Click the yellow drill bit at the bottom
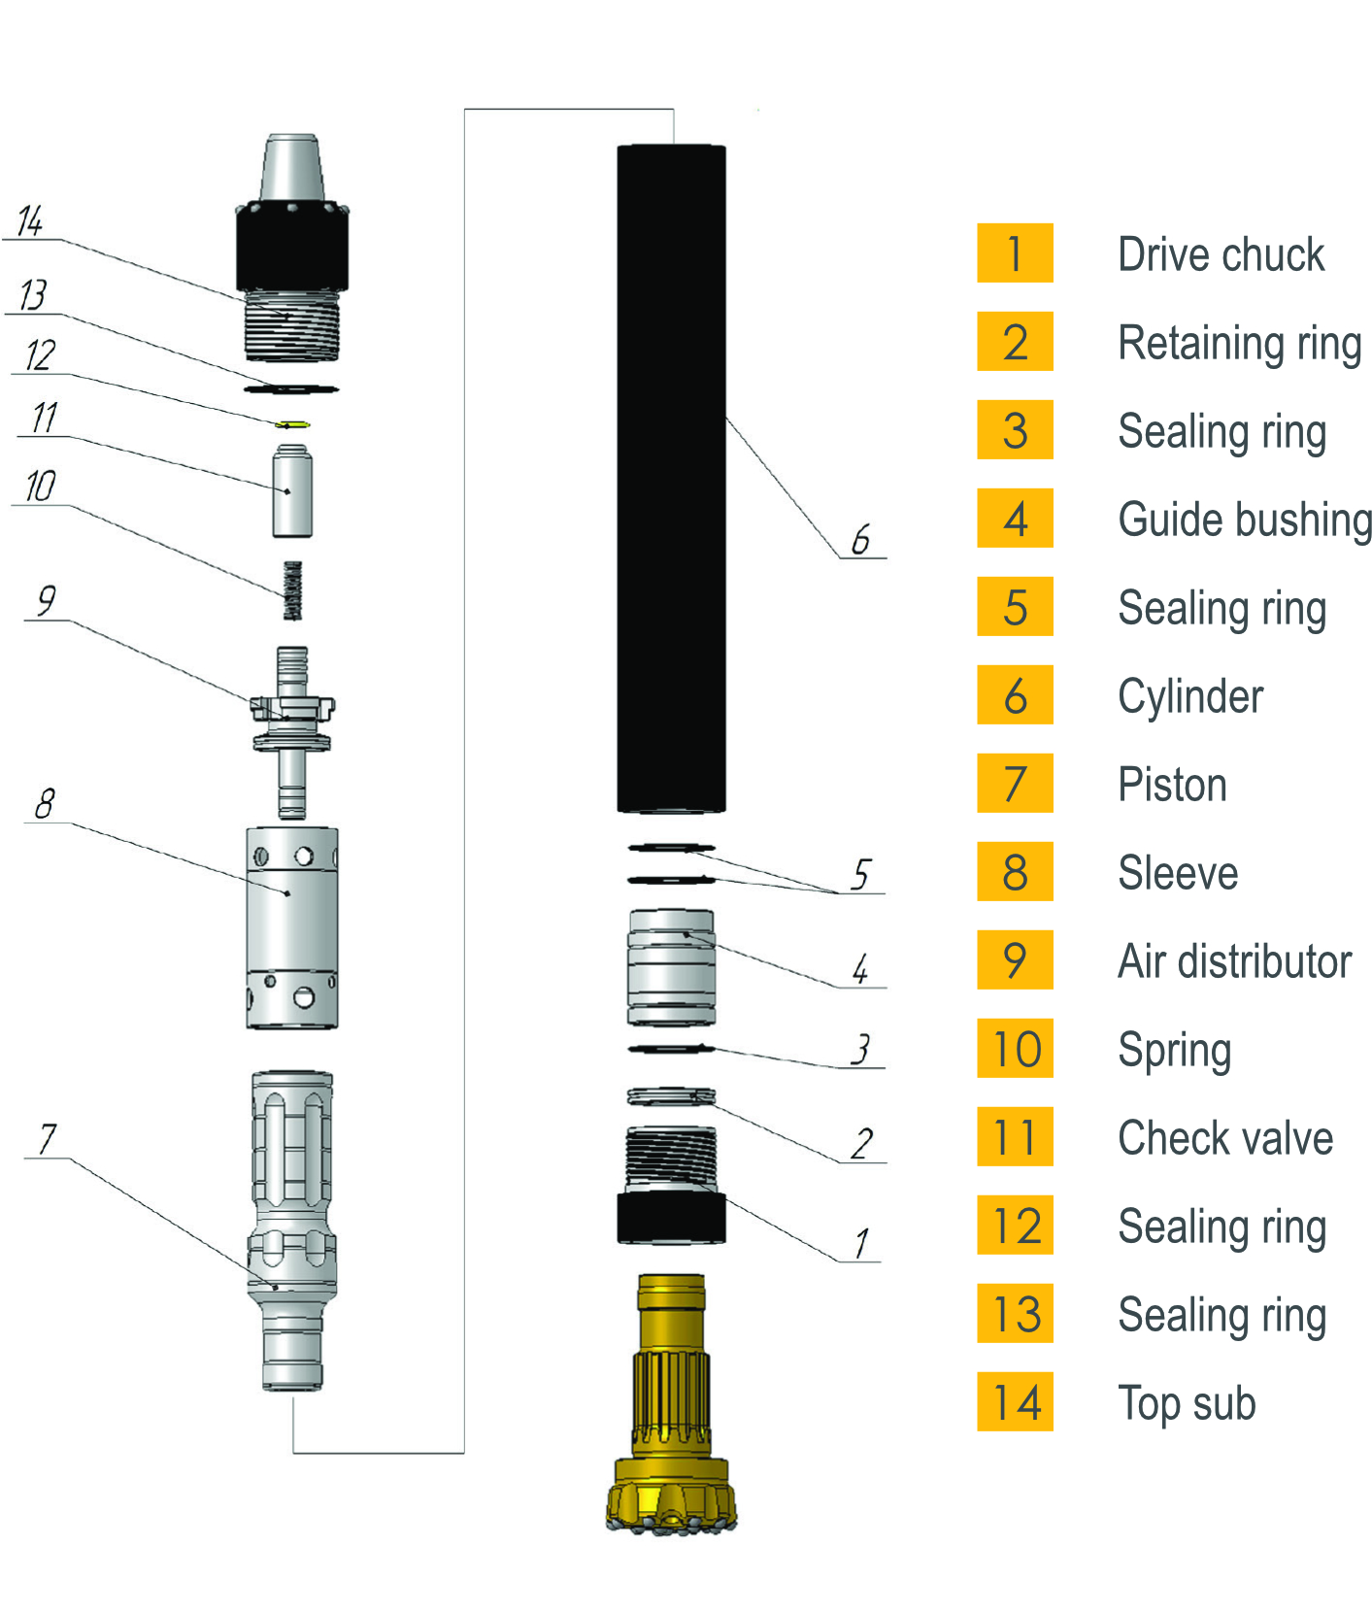[x=671, y=1408]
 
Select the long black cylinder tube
[x=671, y=479]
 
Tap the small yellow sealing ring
[x=291, y=424]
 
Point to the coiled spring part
[x=292, y=590]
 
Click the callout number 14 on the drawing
[x=30, y=221]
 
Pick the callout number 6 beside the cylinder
[x=860, y=540]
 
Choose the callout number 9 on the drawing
[x=46, y=601]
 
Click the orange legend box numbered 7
[x=1015, y=784]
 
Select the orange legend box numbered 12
[x=1015, y=1226]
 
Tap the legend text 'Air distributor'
[x=1234, y=961]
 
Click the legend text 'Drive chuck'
[x=1221, y=254]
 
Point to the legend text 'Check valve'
[x=1225, y=1138]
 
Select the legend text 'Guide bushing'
[x=1245, y=521]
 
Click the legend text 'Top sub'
[x=1187, y=1404]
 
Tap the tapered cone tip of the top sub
[x=292, y=169]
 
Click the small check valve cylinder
[x=292, y=490]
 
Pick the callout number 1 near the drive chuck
[x=861, y=1243]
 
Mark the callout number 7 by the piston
[x=47, y=1138]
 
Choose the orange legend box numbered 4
[x=1015, y=519]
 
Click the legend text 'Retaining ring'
[x=1239, y=344]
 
